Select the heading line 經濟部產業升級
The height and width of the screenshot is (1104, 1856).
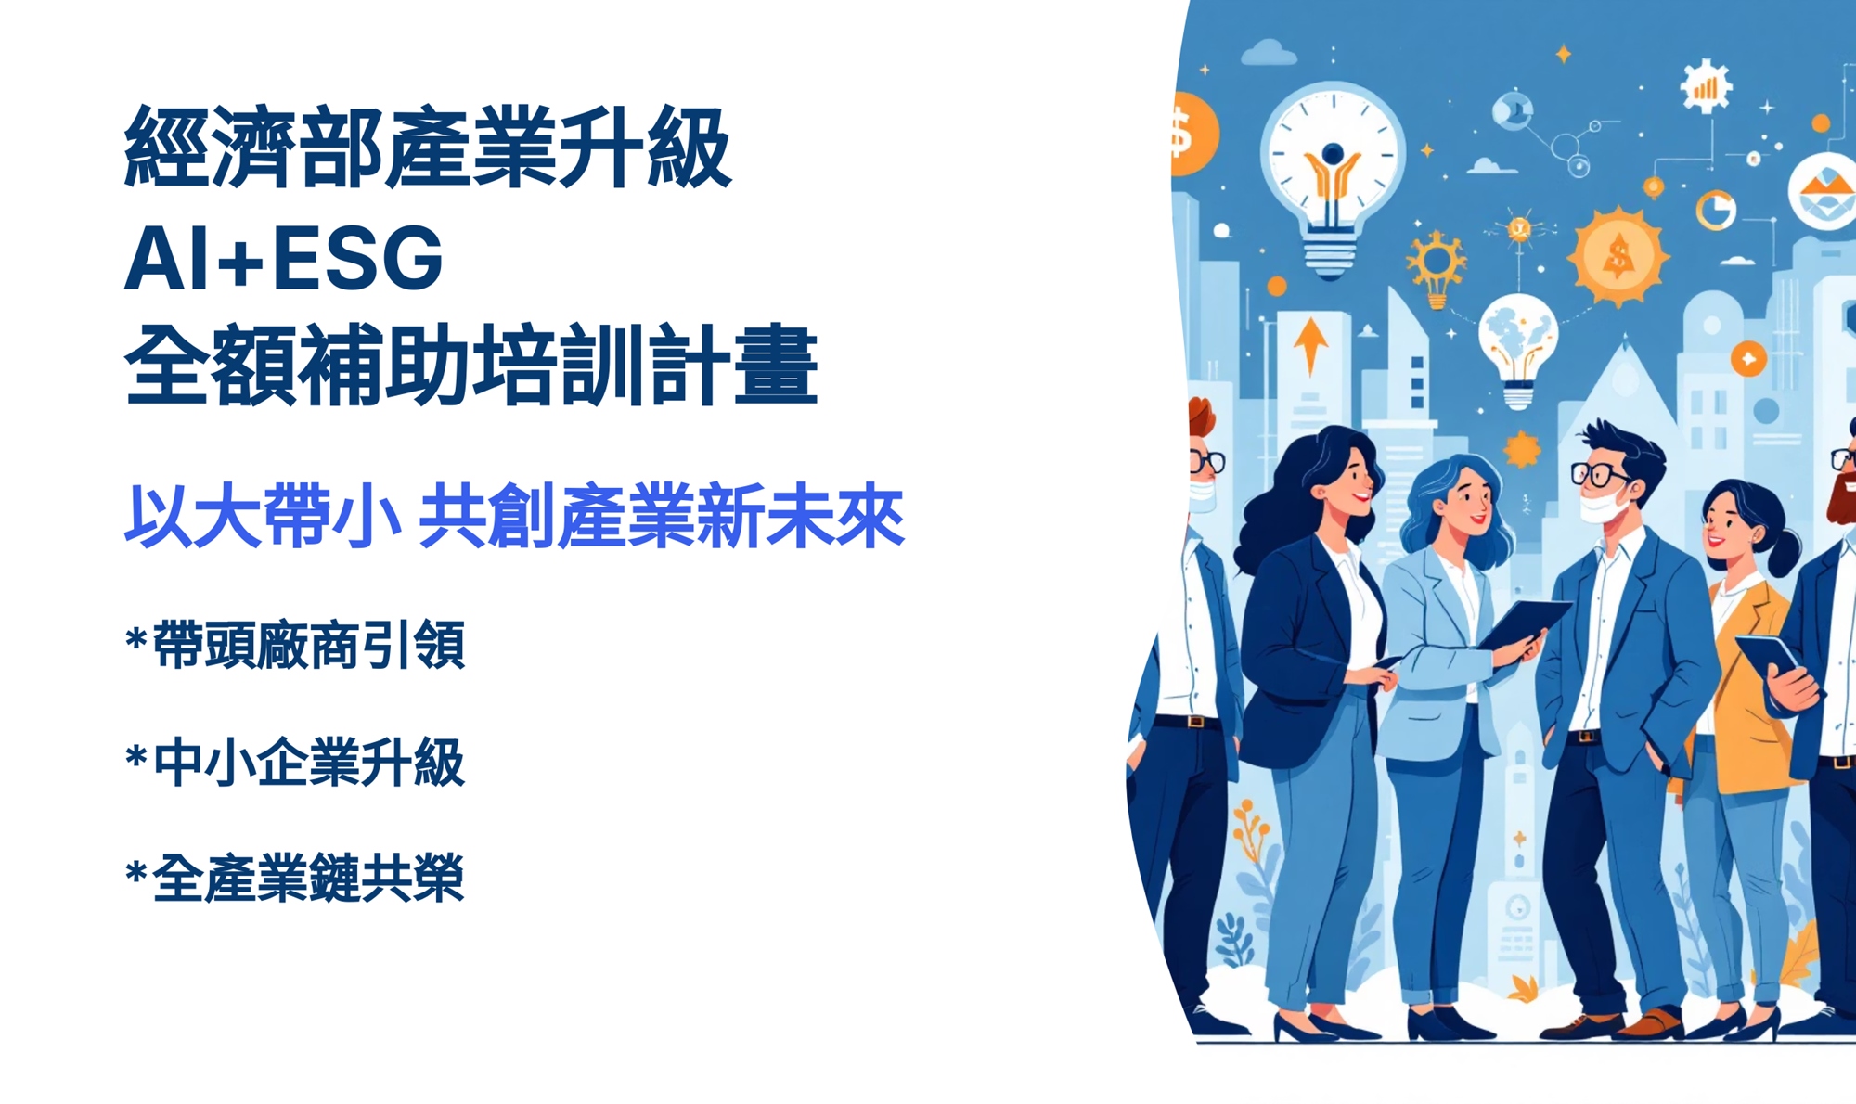[428, 147]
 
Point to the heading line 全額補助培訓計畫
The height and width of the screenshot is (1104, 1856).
[471, 365]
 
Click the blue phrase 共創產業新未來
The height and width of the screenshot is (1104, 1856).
[662, 516]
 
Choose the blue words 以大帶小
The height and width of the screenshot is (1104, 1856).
[264, 516]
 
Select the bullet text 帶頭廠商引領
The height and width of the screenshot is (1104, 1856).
[309, 644]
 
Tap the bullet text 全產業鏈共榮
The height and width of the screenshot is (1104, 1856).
[309, 878]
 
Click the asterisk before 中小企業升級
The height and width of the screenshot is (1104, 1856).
[136, 757]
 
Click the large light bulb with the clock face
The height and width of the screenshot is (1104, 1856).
[1333, 176]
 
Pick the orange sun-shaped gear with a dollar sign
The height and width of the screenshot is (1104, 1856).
[1618, 255]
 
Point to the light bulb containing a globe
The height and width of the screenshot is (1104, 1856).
[1518, 348]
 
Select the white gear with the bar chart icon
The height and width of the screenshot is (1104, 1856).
[1706, 86]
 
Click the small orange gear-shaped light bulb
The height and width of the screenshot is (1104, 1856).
[1437, 269]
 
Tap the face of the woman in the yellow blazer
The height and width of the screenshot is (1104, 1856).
[1722, 525]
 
